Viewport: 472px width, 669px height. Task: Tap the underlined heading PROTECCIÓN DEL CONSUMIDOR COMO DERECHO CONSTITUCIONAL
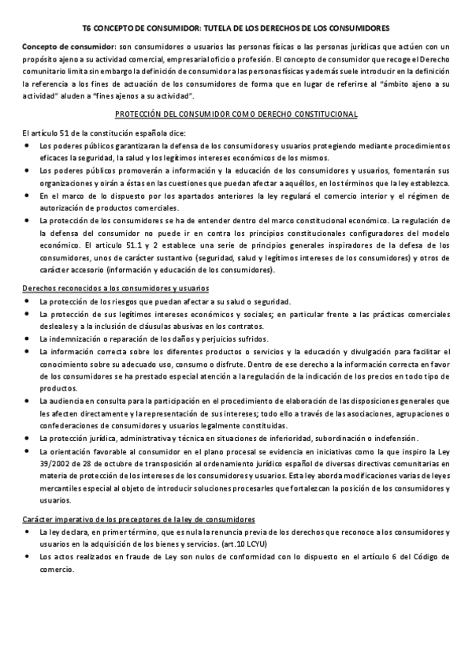pyautogui.click(x=236, y=114)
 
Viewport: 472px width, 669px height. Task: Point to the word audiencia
pyautogui.click(x=69, y=401)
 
